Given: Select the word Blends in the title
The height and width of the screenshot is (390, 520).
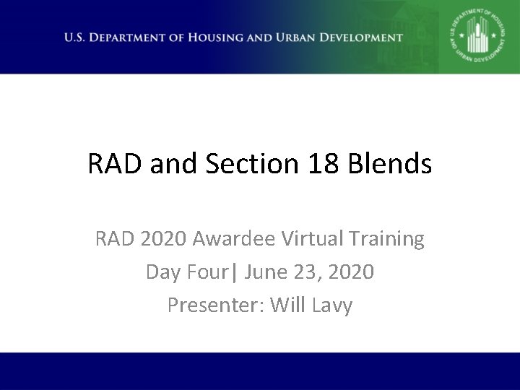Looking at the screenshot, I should pyautogui.click(x=391, y=165).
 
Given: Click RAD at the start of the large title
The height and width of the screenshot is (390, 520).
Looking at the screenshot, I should pyautogui.click(x=113, y=165).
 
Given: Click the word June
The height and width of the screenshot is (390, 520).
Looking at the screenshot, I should pyautogui.click(x=266, y=272).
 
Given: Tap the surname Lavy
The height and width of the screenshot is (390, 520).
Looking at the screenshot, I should pyautogui.click(x=332, y=305).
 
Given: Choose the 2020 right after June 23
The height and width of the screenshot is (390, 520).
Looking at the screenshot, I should pyautogui.click(x=352, y=272).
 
